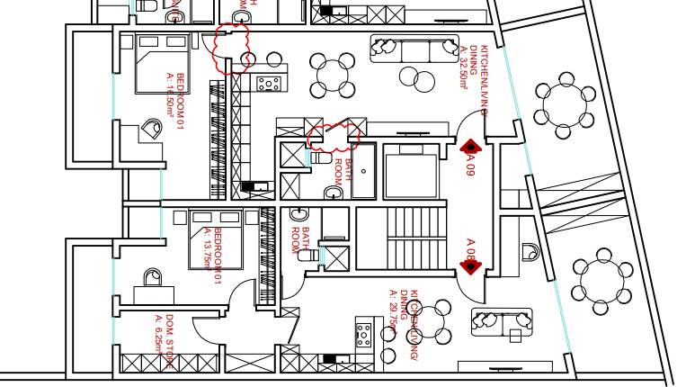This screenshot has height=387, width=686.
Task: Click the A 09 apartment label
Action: coord(469,165)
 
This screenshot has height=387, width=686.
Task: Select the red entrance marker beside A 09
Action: coord(468,146)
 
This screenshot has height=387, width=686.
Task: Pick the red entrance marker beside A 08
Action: coord(468,265)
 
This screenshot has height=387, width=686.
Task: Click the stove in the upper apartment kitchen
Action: coord(268,84)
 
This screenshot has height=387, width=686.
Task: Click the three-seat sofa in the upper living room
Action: coord(414,49)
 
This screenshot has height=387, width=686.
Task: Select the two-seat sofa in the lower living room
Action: coord(501,319)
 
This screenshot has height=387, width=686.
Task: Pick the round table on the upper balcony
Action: coord(564,104)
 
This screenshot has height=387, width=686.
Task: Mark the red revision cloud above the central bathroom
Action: coord(334,135)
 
